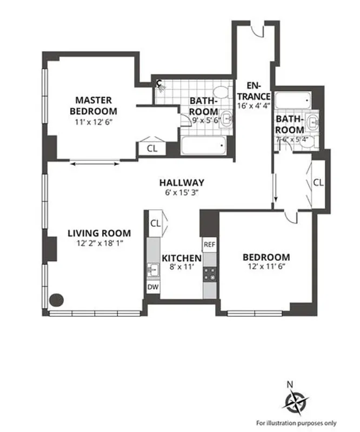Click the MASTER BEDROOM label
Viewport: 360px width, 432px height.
(94, 105)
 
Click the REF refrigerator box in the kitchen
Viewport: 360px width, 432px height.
(209, 245)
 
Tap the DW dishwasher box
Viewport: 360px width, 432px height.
(154, 287)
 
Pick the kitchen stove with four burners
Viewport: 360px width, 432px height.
(209, 273)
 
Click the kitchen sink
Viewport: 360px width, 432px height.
(154, 269)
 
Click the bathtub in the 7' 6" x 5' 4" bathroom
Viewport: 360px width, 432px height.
(292, 100)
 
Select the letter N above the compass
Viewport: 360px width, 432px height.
(290, 384)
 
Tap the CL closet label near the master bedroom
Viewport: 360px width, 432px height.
(152, 148)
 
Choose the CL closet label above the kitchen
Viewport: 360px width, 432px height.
(156, 222)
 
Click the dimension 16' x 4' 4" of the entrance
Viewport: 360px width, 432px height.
(253, 105)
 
